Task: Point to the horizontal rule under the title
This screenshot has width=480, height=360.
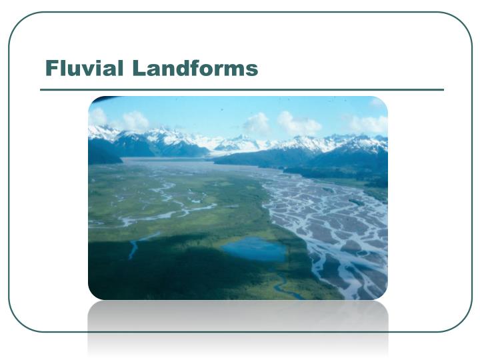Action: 241,89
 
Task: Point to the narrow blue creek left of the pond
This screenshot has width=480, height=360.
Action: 134,248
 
